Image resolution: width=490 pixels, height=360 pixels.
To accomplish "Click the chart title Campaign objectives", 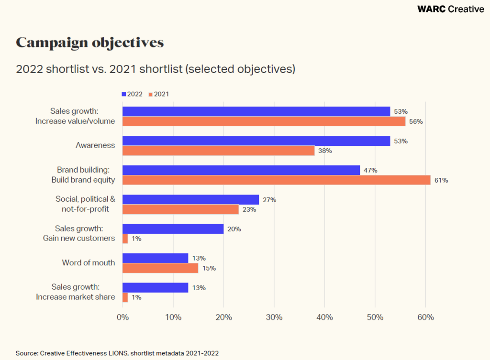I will click(x=90, y=43).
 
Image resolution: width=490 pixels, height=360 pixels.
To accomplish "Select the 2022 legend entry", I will click(x=132, y=94).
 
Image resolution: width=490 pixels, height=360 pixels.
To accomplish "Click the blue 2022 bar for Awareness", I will click(x=256, y=141).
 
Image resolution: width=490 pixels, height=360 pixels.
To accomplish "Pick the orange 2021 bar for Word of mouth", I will click(x=160, y=268).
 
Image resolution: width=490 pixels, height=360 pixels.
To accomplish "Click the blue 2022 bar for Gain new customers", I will click(x=173, y=229).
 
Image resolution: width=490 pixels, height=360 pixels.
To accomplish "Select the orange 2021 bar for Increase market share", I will click(x=125, y=297).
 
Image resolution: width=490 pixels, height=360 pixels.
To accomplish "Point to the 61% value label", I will click(x=441, y=180).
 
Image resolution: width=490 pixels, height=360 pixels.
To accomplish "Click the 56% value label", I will click(x=416, y=121).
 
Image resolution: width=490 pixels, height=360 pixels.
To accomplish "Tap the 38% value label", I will click(x=325, y=151).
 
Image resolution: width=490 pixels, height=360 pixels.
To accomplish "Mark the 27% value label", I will click(x=269, y=200).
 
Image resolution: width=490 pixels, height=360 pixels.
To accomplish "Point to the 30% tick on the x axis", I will click(x=274, y=317).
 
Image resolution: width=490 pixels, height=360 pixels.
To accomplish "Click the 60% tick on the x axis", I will click(x=425, y=317).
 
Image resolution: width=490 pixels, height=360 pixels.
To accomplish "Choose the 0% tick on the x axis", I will click(x=122, y=317).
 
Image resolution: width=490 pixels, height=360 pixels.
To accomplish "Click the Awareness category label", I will click(x=95, y=145).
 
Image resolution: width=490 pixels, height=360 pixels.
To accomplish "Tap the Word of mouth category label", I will click(x=89, y=262).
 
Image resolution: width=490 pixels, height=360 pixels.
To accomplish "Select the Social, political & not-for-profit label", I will click(x=85, y=204).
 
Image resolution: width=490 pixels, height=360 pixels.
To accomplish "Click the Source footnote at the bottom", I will click(x=117, y=353).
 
